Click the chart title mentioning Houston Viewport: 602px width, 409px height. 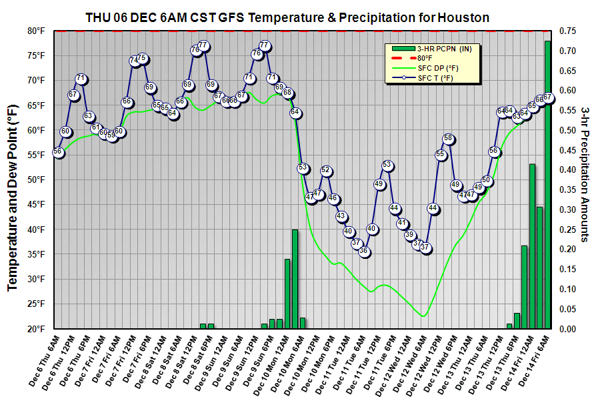coord(287,17)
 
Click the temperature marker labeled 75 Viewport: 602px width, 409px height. coord(141,58)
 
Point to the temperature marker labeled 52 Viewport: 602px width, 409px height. coord(326,170)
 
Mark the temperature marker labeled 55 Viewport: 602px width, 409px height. coord(440,155)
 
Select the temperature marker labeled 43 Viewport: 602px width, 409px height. coord(341,216)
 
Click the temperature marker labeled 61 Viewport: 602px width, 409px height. coord(95,127)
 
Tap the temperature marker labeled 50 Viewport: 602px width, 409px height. coord(486,180)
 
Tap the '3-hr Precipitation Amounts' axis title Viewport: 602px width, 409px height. coord(586,173)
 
